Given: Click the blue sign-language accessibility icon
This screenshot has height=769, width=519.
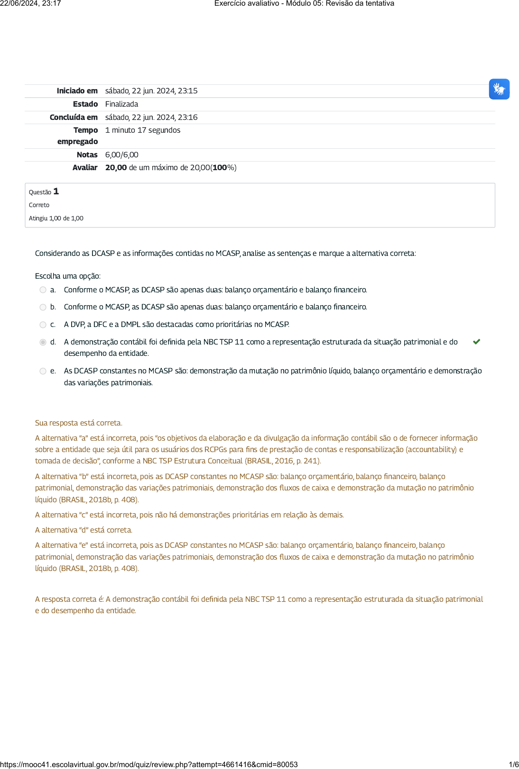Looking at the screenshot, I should tap(499, 89).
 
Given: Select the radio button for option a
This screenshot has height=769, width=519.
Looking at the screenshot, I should tap(43, 290).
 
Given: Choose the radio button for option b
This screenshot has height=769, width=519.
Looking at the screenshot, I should tap(43, 307).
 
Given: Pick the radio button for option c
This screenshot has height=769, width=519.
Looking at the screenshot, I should tap(43, 325).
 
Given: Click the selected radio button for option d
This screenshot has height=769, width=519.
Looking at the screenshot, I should tap(43, 342).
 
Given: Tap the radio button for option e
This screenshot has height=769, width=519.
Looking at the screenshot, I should tap(43, 371).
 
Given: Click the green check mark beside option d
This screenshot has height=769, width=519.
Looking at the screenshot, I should tap(477, 342).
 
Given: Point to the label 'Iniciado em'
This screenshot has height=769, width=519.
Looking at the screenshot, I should tap(77, 90).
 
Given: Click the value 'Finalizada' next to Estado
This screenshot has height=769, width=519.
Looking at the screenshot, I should tap(121, 104).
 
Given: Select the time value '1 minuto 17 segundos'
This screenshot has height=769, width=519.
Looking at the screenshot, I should tap(142, 130).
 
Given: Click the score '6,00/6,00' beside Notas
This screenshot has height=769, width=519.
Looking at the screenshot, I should tap(121, 154).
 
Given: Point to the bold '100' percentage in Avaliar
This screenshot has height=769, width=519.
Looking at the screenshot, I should tap(220, 167).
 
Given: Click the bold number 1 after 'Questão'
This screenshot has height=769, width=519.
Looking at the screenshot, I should tap(56, 191).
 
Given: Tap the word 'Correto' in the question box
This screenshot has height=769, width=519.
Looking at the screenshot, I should tap(39, 205).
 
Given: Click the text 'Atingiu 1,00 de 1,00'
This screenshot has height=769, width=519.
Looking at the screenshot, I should tap(56, 218).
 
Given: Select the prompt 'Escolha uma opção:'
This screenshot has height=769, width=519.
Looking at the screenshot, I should tap(68, 276).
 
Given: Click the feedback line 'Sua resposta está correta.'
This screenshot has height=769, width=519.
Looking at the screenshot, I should tap(78, 423).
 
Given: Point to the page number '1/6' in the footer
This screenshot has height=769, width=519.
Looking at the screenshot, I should tap(513, 764).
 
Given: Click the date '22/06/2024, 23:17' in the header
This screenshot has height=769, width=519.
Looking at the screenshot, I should tap(30, 3).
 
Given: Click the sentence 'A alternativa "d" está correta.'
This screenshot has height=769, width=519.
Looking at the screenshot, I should tap(83, 530).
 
